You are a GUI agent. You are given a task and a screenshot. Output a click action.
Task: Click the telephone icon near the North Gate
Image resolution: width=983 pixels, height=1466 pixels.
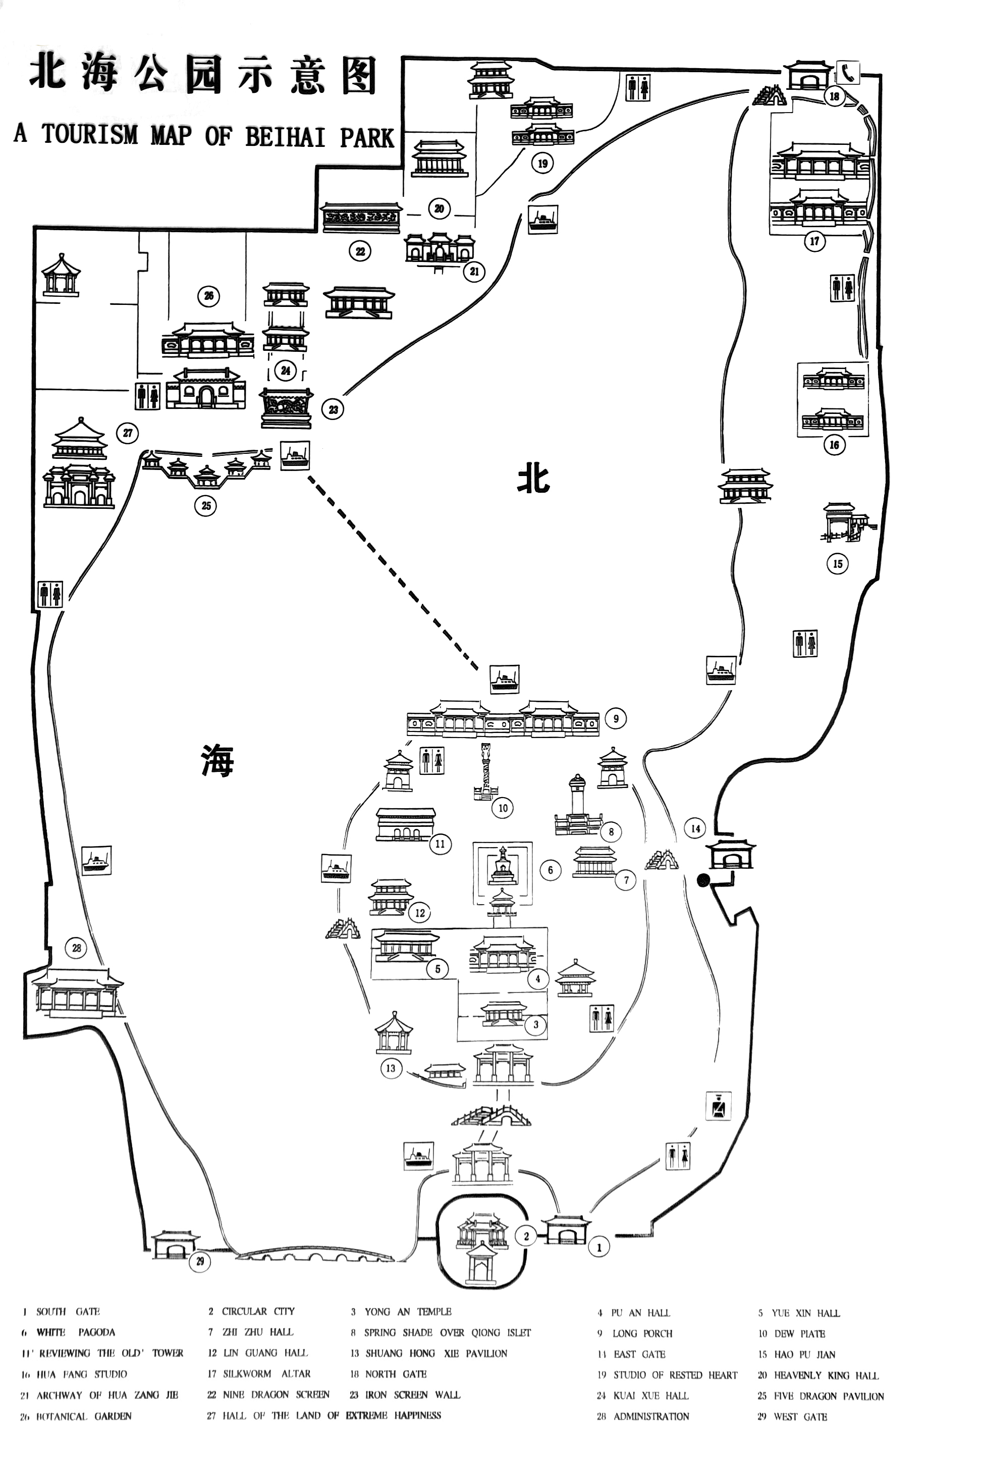(848, 72)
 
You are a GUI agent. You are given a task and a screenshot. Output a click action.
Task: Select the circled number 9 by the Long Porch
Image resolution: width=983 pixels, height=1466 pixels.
(616, 718)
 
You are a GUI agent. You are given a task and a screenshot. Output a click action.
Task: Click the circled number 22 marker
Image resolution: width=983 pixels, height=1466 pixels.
(360, 252)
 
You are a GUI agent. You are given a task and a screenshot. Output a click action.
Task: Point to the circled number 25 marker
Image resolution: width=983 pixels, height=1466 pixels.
(206, 505)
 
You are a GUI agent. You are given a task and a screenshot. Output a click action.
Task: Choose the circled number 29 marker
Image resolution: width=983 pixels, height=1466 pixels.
(200, 1262)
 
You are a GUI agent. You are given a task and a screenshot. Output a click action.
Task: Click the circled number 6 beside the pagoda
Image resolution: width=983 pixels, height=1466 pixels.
(551, 870)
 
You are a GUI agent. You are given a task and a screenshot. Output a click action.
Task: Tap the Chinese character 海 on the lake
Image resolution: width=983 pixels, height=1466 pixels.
(217, 759)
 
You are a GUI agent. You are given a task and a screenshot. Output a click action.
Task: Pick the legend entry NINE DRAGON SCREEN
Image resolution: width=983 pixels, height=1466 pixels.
(276, 1394)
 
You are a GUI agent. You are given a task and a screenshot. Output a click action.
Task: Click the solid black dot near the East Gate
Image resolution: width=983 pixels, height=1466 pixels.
(703, 880)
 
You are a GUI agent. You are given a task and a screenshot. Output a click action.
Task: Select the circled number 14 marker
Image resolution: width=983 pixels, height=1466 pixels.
(695, 828)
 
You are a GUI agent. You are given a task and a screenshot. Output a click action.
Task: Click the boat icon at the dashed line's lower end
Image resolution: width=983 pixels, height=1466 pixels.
(504, 679)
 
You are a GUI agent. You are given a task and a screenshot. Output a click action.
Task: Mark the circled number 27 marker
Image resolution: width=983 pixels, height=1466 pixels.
(128, 433)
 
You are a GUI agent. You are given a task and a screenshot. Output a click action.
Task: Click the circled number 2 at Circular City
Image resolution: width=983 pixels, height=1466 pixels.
(526, 1236)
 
